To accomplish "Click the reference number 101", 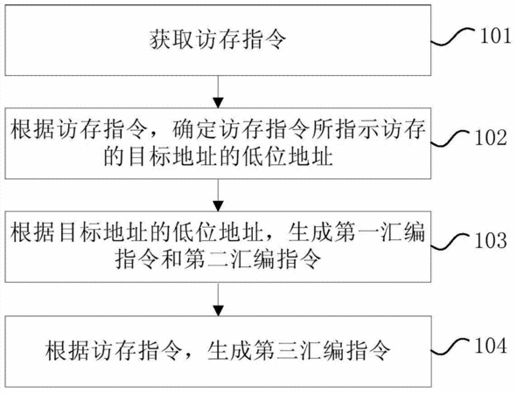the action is tap(496, 36).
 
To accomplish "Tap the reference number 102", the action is tap(491, 138).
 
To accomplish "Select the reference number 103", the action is tap(491, 240).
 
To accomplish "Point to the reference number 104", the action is tap(491, 346).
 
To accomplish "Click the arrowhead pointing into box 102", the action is tap(218, 103).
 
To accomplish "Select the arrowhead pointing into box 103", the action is tap(218, 206).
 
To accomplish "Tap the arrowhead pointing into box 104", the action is tap(218, 311).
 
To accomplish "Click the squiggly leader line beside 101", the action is tap(453, 36).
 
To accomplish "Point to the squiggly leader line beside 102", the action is tap(451, 139).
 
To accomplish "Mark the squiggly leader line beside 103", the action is tap(451, 241).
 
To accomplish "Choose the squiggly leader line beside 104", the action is tap(451, 346).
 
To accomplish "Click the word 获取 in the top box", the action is tap(171, 39).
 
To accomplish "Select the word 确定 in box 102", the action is tap(194, 129).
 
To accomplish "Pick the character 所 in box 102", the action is tap(322, 129).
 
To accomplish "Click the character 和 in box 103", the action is tap(171, 259).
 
